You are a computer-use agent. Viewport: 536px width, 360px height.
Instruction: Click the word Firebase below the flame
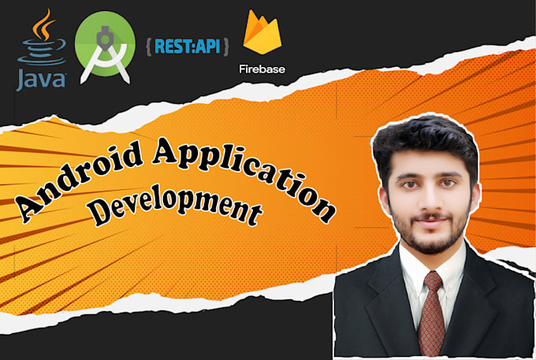click(x=262, y=69)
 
